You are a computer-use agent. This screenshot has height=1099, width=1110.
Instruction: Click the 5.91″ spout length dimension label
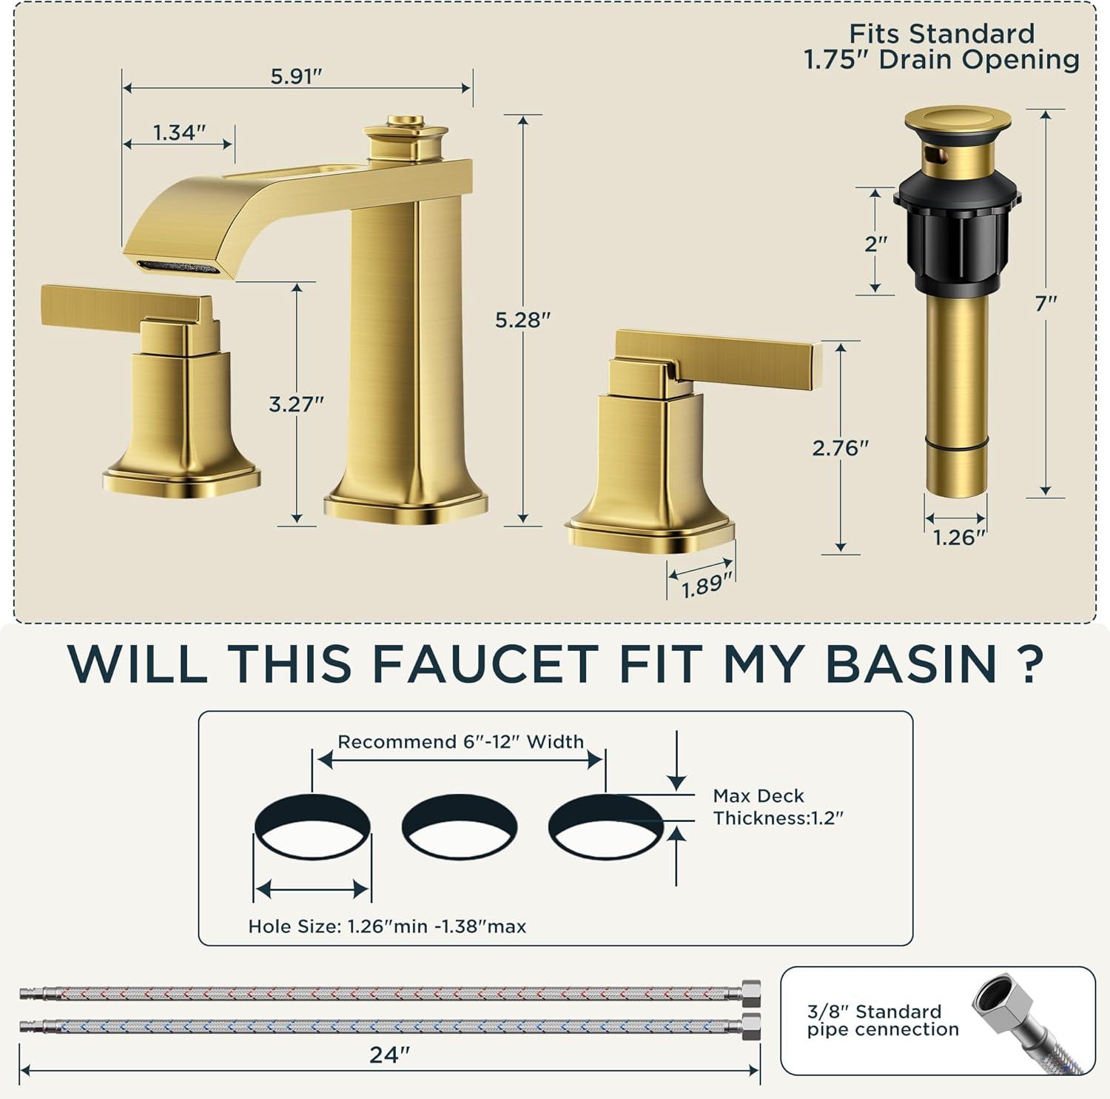[x=296, y=76]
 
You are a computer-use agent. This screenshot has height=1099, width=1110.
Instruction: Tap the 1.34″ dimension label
[x=179, y=133]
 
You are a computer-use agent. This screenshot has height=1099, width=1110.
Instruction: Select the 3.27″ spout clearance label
[x=296, y=404]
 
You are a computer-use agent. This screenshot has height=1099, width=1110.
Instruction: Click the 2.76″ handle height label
[x=841, y=448]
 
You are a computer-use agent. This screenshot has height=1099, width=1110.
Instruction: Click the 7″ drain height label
[x=1046, y=303]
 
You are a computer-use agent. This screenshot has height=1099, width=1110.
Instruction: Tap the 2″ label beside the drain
[x=875, y=243]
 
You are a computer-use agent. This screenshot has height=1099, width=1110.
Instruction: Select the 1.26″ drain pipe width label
[x=960, y=537]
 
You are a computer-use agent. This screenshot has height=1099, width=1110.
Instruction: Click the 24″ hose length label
[x=389, y=1054]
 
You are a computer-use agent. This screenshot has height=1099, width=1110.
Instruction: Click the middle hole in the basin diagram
[x=460, y=826]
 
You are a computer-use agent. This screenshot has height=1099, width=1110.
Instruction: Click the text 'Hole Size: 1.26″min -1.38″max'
[x=387, y=926]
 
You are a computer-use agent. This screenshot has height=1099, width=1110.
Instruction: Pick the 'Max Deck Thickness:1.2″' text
[x=778, y=807]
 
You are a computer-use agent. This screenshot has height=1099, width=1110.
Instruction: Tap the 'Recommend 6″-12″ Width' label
[x=461, y=742]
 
